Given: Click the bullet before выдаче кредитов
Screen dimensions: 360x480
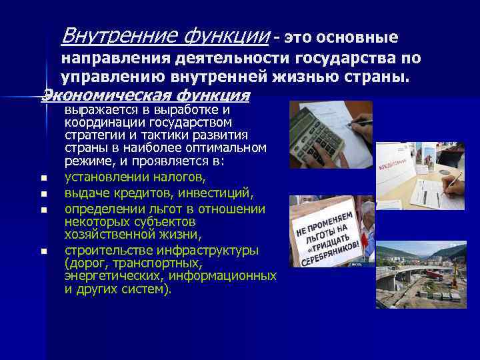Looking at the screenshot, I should click(43, 195).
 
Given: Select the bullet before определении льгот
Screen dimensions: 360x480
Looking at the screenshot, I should click(43, 211).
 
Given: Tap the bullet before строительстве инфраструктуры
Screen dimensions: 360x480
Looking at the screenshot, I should click(43, 252).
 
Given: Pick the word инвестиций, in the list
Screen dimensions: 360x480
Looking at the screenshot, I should click(217, 193).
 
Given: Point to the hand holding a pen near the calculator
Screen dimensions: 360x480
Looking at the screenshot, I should click(360, 127).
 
